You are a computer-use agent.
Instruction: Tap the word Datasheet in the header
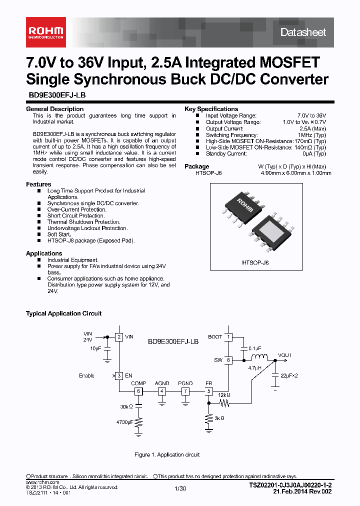(303, 32)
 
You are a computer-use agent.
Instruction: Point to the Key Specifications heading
(211, 109)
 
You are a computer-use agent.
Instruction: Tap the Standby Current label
(226, 154)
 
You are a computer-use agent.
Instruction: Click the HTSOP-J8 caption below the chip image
(255, 262)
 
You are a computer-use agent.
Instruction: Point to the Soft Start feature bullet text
(59, 234)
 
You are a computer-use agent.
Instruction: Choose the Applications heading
(44, 253)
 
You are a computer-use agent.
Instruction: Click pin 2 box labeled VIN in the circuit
(119, 337)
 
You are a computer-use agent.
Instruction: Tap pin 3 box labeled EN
(119, 375)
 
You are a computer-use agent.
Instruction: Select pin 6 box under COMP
(138, 391)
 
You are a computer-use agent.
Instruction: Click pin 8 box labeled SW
(228, 359)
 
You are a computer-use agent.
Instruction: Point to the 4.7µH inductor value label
(255, 368)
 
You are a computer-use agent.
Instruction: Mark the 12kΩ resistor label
(224, 395)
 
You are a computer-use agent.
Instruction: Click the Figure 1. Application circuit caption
(167, 454)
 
